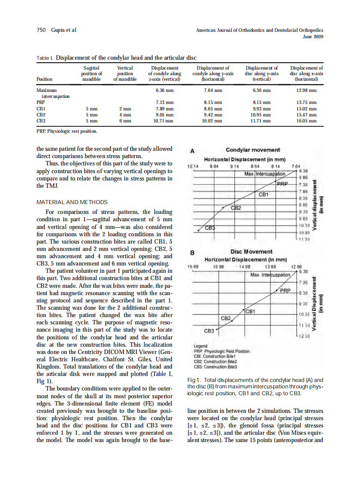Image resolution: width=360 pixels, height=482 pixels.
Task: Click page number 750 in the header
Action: (x=41, y=30)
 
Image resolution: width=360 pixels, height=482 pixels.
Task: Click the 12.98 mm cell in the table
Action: (x=306, y=91)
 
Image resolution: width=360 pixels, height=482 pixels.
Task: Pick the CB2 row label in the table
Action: (x=42, y=115)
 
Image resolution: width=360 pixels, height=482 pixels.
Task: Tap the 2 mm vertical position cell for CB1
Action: (x=125, y=109)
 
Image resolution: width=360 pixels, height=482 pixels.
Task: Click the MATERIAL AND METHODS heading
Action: (x=72, y=202)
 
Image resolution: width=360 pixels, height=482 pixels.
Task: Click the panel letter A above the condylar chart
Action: (x=192, y=150)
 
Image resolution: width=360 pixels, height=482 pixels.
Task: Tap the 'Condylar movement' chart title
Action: (x=253, y=150)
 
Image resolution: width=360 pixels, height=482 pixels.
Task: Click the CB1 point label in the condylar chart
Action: (x=263, y=194)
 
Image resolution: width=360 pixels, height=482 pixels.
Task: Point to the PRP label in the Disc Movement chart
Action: (x=286, y=290)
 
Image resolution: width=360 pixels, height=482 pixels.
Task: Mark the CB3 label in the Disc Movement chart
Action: (x=209, y=331)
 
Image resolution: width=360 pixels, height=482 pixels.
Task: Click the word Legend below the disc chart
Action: (x=200, y=346)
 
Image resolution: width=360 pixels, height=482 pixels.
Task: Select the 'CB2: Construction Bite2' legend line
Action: (x=216, y=362)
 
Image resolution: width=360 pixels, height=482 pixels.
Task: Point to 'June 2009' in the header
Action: (x=313, y=37)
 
